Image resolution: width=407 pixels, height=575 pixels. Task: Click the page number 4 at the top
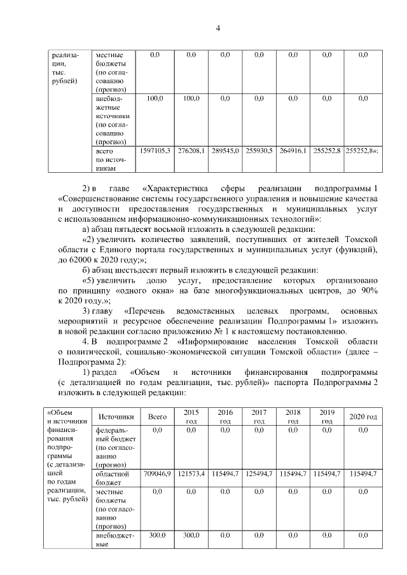point(217,27)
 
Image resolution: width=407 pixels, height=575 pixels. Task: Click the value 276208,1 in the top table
point(191,151)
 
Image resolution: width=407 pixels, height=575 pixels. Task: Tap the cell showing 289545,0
point(224,151)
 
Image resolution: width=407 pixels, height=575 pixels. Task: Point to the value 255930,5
point(259,151)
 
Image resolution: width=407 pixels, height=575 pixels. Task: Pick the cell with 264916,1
point(293,151)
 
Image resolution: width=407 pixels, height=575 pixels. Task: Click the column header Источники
point(116,417)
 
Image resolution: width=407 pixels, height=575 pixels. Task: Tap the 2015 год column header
point(191,417)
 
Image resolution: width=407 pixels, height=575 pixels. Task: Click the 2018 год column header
point(293,417)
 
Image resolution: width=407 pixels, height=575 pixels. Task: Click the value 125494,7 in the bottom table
point(259,474)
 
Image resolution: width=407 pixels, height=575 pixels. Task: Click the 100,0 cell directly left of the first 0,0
point(191,98)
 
